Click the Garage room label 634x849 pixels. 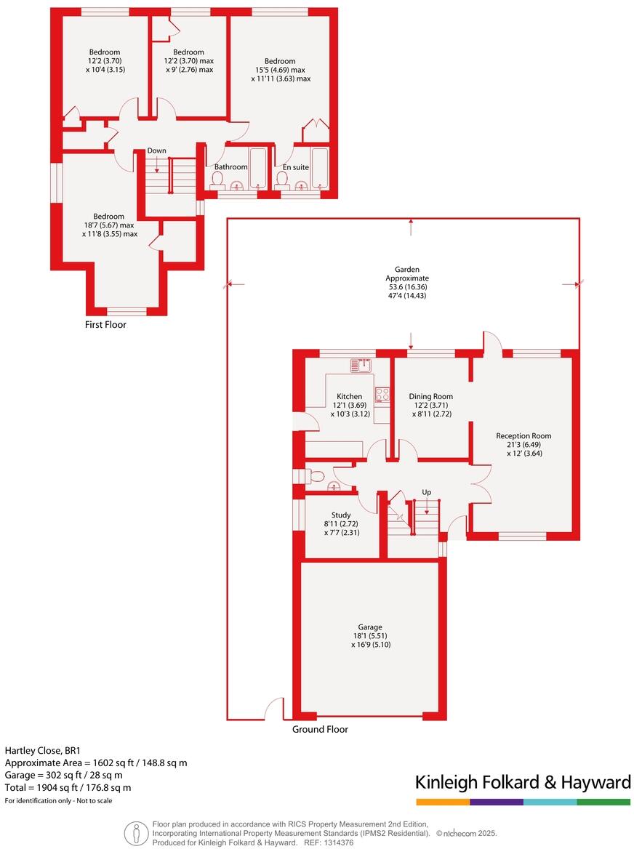click(x=369, y=627)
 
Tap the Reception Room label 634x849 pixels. click(x=519, y=436)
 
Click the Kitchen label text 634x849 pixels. click(x=349, y=396)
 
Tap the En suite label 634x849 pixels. click(x=296, y=167)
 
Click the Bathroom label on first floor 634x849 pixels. click(x=230, y=167)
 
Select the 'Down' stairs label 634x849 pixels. click(x=156, y=151)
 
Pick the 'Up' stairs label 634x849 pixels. click(x=426, y=492)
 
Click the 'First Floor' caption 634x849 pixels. click(x=105, y=325)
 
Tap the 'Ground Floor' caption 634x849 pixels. click(x=320, y=729)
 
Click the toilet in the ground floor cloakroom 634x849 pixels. click(x=315, y=476)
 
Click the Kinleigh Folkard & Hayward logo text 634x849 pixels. click(x=522, y=782)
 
